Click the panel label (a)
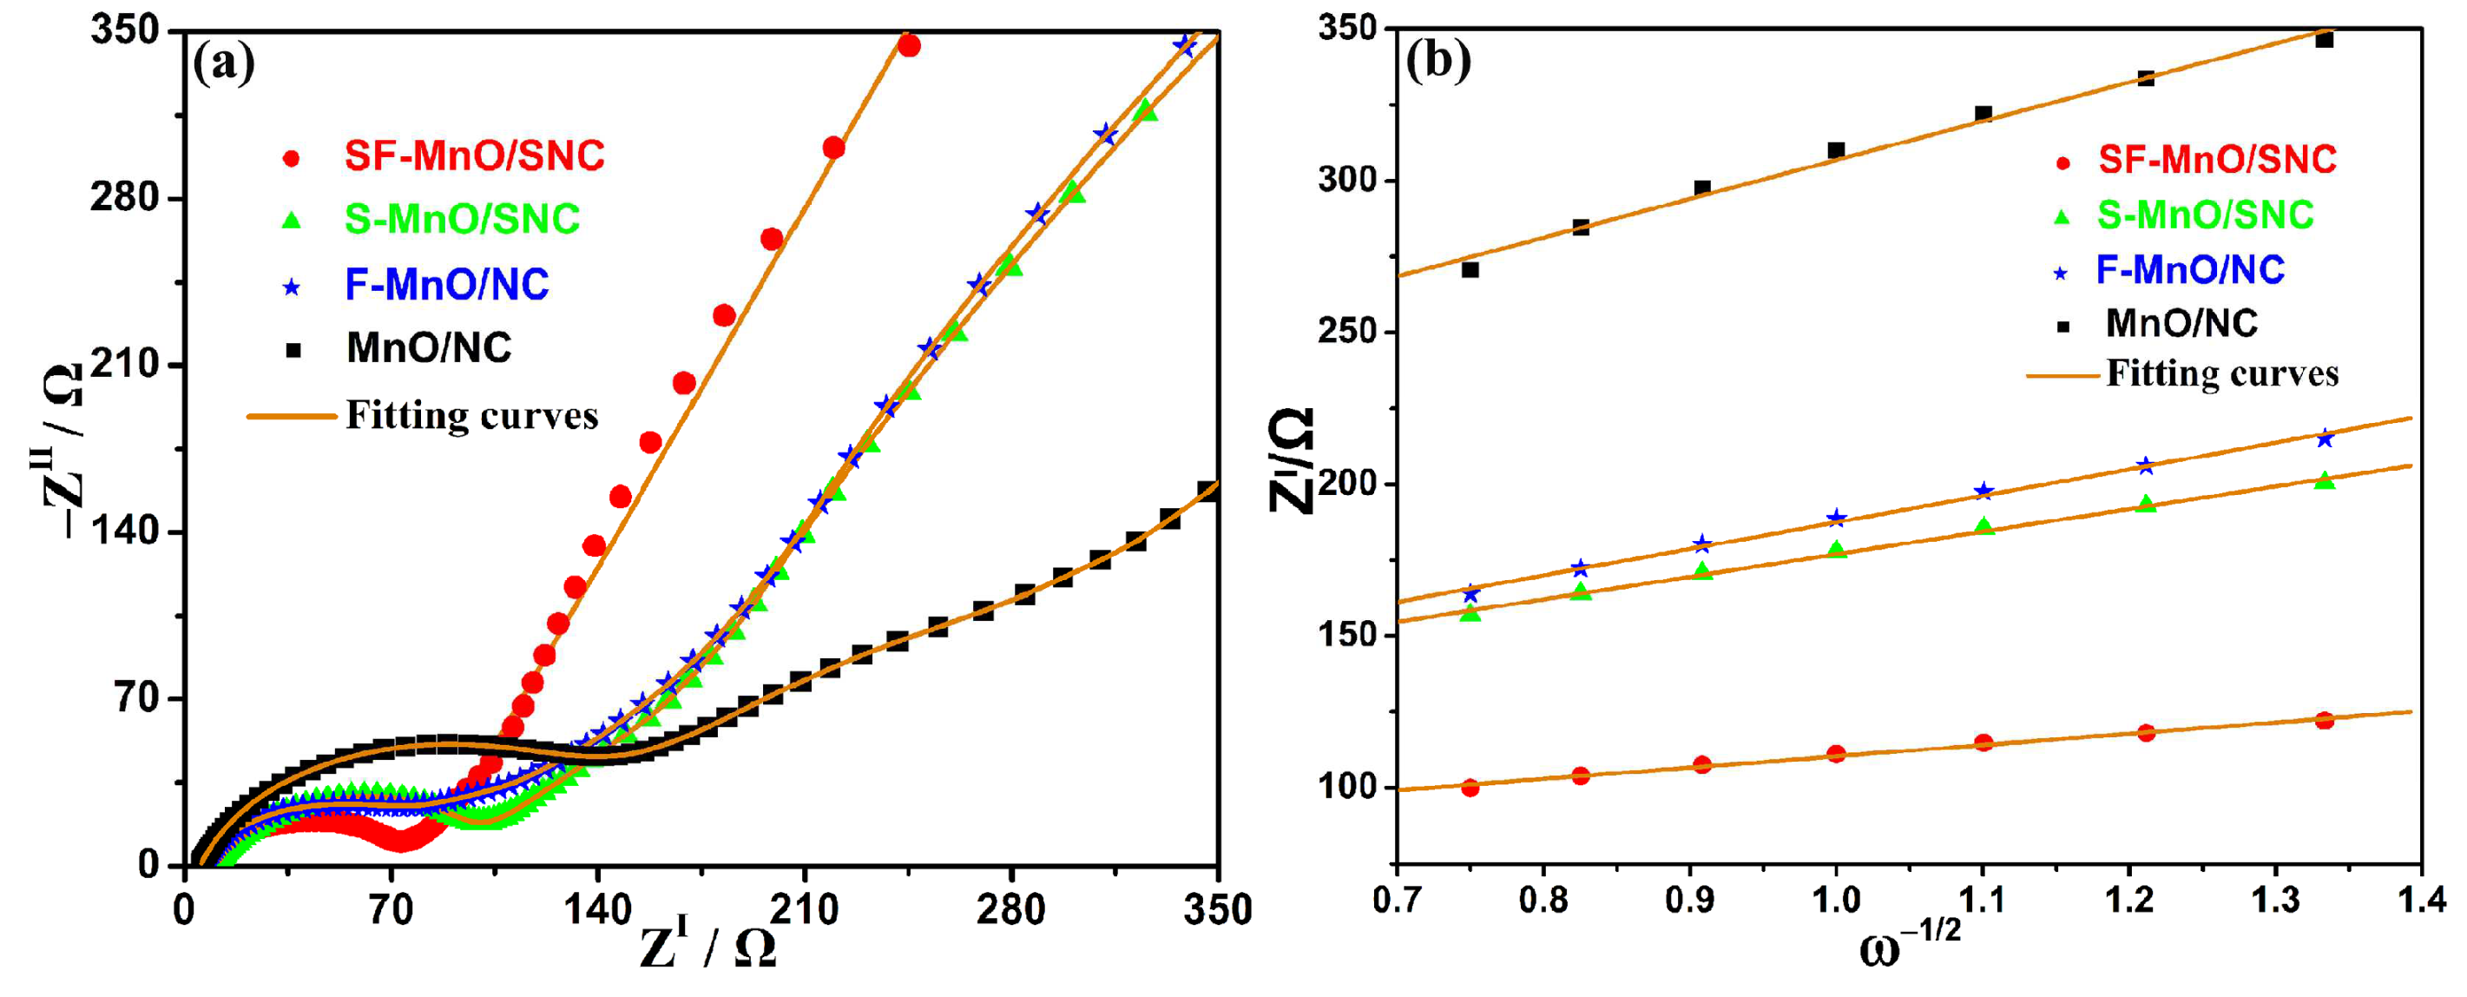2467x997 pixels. (224, 65)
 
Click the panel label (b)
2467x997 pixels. (1437, 62)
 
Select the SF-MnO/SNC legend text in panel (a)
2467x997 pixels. (474, 156)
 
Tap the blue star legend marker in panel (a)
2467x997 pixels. (292, 287)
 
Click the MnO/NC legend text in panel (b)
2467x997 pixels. (2181, 324)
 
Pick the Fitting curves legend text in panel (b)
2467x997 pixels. (2222, 373)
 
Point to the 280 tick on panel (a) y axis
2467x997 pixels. (123, 198)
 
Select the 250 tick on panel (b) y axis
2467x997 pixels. (1346, 332)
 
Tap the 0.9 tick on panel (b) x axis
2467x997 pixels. (1689, 901)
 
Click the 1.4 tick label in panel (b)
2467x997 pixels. (2421, 901)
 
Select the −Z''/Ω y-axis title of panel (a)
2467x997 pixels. (59, 450)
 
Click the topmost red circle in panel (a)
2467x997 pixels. (909, 45)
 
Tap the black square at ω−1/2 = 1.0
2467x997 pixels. (1836, 150)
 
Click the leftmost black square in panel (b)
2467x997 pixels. (1470, 270)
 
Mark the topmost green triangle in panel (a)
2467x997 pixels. (1146, 111)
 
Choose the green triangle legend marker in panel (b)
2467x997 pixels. (2062, 217)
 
